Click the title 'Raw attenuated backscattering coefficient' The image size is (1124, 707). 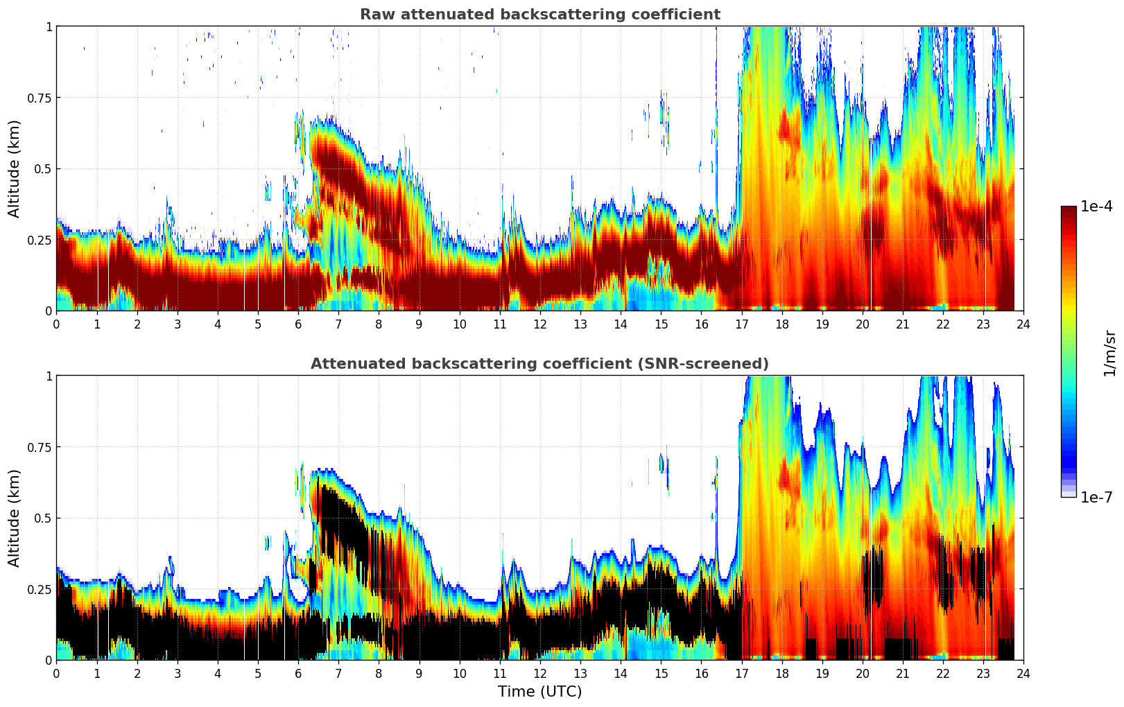(x=539, y=15)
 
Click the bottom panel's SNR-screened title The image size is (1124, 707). (x=539, y=364)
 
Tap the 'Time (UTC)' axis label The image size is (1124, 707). (x=539, y=692)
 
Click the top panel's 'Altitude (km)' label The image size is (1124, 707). (x=15, y=168)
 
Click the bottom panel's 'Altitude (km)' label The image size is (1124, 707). (x=15, y=518)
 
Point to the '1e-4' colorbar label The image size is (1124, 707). (x=1096, y=207)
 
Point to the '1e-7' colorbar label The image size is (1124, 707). (x=1096, y=497)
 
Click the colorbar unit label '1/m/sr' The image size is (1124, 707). (x=1109, y=353)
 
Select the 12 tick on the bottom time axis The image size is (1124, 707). (x=540, y=674)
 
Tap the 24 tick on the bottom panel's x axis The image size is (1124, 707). (x=1023, y=674)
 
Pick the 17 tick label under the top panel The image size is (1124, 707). (x=741, y=324)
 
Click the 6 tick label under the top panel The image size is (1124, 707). (x=298, y=324)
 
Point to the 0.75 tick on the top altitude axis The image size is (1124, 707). (x=40, y=98)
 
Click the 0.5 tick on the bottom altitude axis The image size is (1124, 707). (x=43, y=518)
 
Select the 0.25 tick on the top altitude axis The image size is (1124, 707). (x=40, y=240)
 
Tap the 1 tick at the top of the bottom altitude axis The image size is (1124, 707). (x=49, y=376)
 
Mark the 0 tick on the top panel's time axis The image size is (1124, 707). (x=56, y=324)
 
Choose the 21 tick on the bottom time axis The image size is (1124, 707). (x=902, y=674)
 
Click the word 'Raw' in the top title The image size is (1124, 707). (x=374, y=15)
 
